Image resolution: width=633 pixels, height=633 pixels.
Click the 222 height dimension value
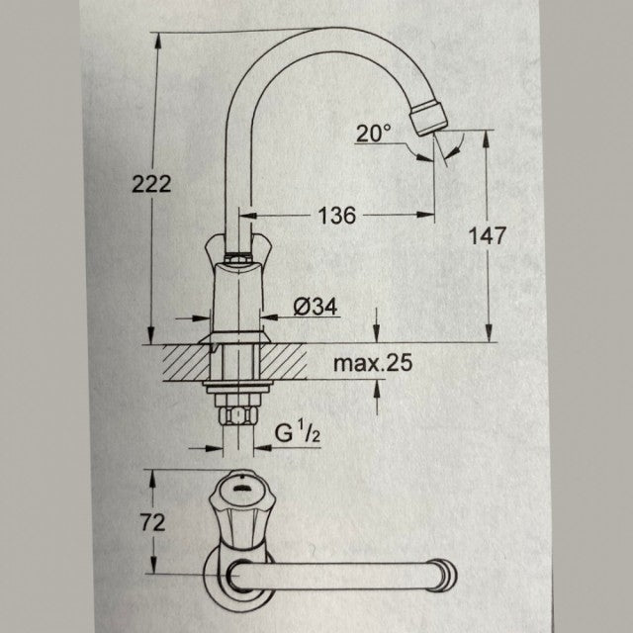(151, 183)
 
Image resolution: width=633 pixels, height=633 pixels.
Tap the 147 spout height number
(488, 235)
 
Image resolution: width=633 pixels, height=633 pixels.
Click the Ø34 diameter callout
(316, 308)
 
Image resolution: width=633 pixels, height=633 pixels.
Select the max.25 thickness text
(372, 363)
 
